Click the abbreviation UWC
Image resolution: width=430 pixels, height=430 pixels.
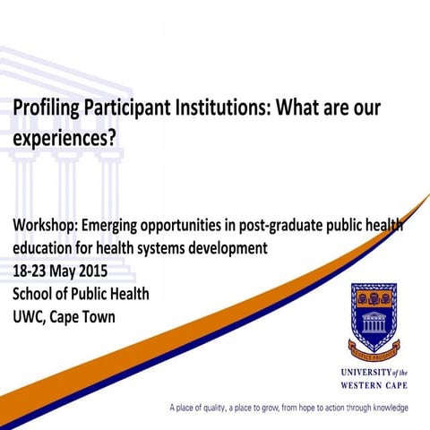click(x=29, y=317)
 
